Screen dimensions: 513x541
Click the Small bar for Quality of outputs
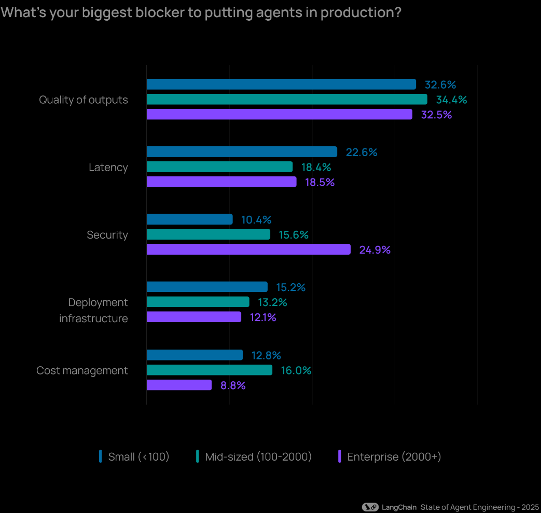coord(281,85)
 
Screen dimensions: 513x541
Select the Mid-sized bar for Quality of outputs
coord(287,100)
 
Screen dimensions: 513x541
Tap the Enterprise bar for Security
coord(248,249)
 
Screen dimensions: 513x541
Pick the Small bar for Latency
coord(242,152)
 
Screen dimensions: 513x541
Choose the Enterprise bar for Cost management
coord(179,385)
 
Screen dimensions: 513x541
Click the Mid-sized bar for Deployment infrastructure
coord(198,302)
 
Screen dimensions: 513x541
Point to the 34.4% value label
coord(451,100)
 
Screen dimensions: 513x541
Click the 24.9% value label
coord(374,250)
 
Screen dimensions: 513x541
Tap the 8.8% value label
coord(233,385)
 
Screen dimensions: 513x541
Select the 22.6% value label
coord(362,152)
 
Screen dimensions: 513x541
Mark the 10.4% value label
coord(256,220)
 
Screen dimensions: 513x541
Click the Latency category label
coord(108,168)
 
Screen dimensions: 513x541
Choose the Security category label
coord(107,235)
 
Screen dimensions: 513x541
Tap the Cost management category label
coord(82,370)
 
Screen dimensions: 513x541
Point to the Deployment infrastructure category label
coord(94,310)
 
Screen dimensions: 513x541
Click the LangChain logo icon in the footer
coord(370,507)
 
